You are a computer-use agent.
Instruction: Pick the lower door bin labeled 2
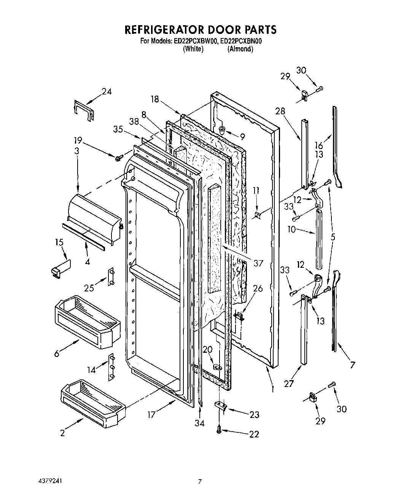[x=92, y=404]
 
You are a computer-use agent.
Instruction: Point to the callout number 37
[x=258, y=263]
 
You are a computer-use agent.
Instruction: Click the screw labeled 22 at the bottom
[x=219, y=429]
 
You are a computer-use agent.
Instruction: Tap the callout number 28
[x=280, y=111]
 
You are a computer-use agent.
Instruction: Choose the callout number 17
[x=151, y=414]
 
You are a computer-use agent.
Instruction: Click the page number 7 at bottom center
[x=199, y=482]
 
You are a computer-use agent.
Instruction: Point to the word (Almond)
[x=240, y=49]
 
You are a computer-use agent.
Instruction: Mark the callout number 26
[x=258, y=288]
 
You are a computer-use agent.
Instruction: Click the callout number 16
[x=318, y=145]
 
